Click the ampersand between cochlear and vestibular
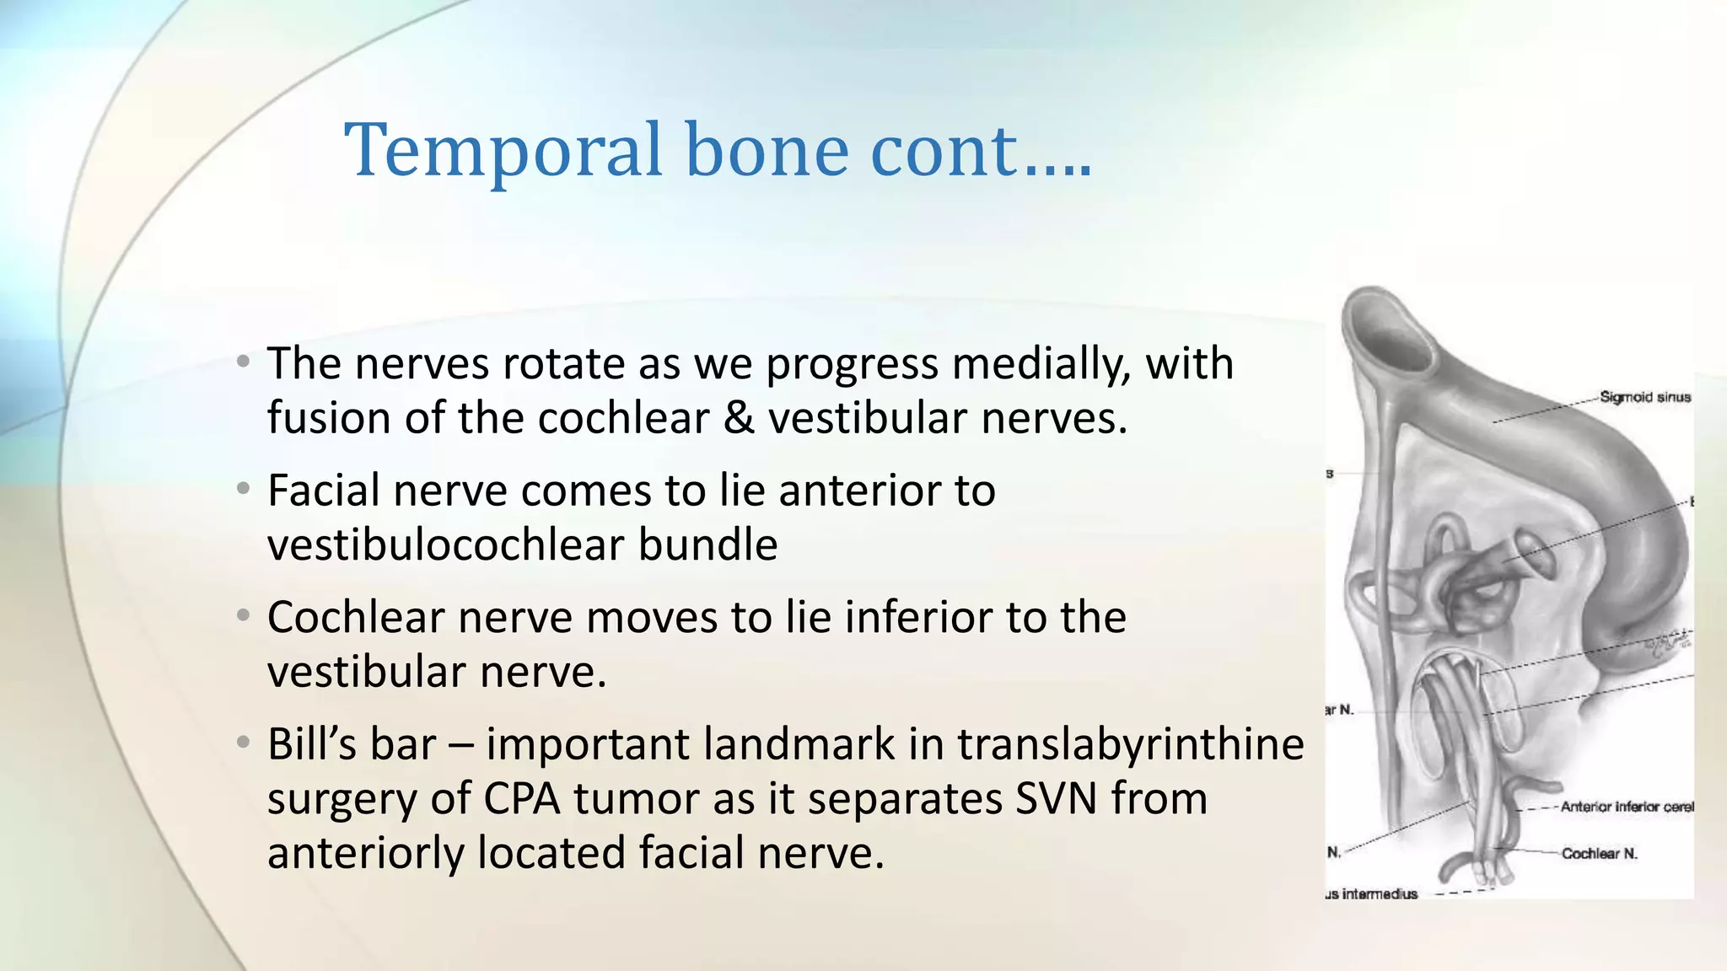(739, 418)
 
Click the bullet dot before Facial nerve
(243, 489)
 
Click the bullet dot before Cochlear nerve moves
(243, 616)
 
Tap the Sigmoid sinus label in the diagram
(1644, 397)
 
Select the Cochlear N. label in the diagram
(1599, 854)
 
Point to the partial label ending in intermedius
(1372, 894)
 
